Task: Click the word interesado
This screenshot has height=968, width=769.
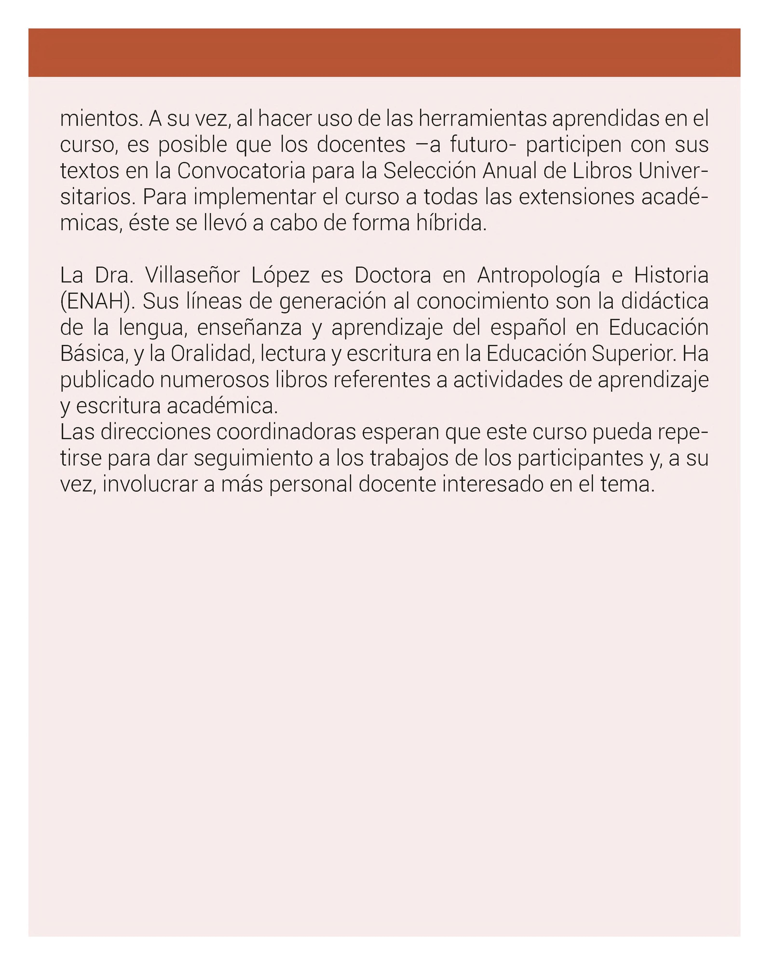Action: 492,484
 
